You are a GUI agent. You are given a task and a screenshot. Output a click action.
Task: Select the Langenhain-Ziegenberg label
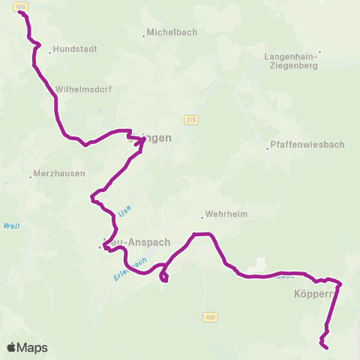(x=292, y=61)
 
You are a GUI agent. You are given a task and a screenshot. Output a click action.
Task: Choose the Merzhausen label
(x=56, y=176)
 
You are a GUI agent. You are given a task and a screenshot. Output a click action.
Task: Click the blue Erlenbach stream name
(x=127, y=268)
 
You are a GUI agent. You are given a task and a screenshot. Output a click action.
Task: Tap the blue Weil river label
(x=11, y=226)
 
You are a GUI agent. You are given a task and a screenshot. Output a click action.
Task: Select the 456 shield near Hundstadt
(x=21, y=6)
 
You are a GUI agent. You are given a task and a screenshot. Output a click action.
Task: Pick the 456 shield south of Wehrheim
(x=210, y=318)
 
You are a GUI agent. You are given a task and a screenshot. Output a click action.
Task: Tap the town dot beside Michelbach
(x=144, y=35)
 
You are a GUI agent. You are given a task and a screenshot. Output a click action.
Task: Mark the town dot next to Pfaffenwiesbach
(x=267, y=148)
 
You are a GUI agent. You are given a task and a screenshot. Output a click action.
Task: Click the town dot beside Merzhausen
(x=31, y=176)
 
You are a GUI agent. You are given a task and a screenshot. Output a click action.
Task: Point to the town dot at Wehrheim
(x=201, y=217)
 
